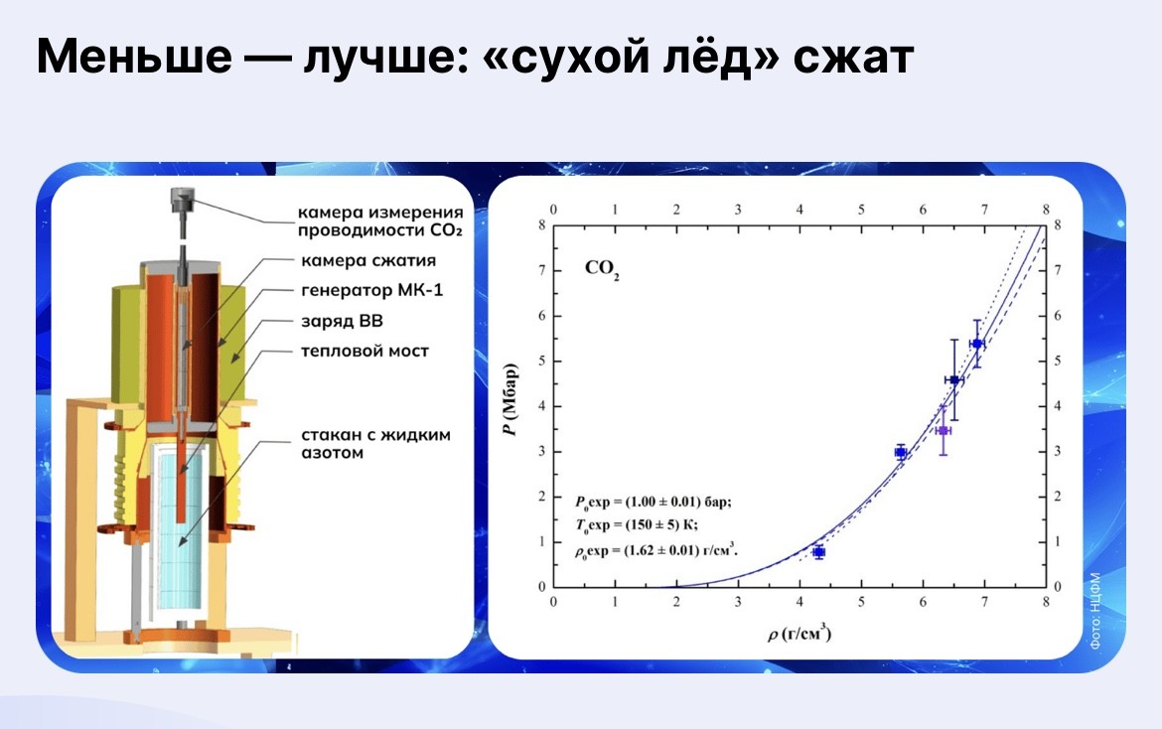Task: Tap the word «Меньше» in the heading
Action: (133, 57)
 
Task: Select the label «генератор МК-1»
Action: (372, 290)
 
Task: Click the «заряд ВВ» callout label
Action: (342, 321)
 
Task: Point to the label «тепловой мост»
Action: (364, 352)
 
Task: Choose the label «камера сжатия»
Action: (368, 261)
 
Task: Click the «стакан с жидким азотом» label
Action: (375, 443)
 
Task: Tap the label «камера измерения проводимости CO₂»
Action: (380, 220)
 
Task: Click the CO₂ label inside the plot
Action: (602, 270)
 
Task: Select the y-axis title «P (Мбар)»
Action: (509, 400)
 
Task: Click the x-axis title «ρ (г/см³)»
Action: (799, 634)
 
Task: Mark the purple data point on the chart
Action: (943, 430)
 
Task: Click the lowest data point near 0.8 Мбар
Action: (818, 552)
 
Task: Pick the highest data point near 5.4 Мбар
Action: (976, 344)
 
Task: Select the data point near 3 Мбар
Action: (901, 452)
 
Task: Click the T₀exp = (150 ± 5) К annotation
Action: (636, 525)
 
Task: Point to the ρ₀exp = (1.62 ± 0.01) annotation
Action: (656, 550)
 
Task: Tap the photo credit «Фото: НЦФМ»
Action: (1095, 612)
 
